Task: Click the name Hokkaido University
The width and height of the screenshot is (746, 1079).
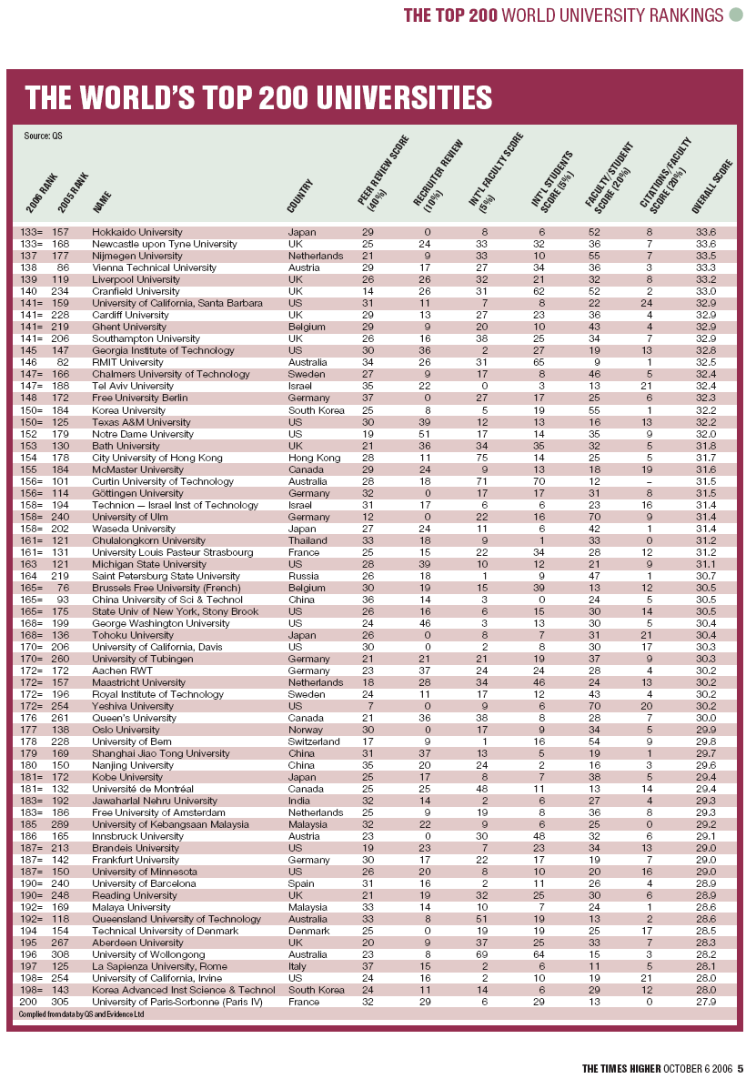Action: coord(137,233)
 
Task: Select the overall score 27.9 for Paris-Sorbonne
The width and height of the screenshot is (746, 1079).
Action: coord(705,1002)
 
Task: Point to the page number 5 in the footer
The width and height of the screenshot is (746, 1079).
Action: coord(741,1068)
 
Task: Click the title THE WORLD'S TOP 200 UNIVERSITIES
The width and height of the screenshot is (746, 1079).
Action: coord(258,98)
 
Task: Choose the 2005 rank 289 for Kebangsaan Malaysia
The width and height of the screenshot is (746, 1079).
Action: coord(62,825)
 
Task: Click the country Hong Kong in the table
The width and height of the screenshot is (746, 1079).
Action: coord(310,457)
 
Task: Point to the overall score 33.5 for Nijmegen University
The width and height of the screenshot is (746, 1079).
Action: coord(705,257)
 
